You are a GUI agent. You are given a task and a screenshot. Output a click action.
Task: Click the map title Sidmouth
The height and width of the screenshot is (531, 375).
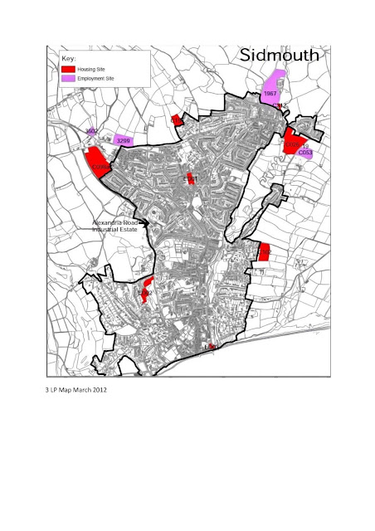click(x=278, y=56)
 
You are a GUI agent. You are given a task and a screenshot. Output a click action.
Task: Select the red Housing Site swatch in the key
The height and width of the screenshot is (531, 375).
click(x=69, y=68)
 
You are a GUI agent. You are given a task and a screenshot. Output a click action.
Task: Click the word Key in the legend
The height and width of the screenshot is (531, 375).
click(x=69, y=58)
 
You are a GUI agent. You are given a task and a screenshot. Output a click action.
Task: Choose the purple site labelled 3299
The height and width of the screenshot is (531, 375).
click(x=123, y=140)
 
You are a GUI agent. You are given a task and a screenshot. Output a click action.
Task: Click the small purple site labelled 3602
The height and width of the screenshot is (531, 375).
click(x=94, y=133)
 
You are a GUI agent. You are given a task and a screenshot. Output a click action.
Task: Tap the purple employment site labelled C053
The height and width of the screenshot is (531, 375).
click(x=306, y=153)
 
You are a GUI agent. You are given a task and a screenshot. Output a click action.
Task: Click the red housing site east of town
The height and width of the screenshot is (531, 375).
click(x=264, y=251)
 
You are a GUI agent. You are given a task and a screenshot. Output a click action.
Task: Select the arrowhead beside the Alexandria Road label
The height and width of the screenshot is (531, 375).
click(x=144, y=222)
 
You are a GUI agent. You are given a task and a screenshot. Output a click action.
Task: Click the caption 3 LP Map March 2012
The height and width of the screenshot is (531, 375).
click(x=75, y=388)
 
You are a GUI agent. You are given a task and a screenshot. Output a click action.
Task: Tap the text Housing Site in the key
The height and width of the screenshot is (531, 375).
click(x=94, y=68)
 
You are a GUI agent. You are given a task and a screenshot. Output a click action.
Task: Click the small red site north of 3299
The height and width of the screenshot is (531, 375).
click(x=177, y=121)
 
